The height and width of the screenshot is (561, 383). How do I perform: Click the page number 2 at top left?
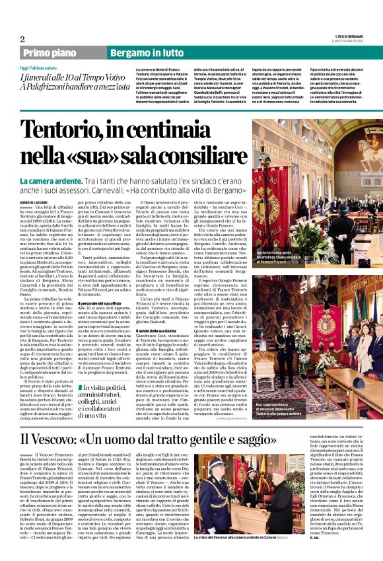[22, 39]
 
